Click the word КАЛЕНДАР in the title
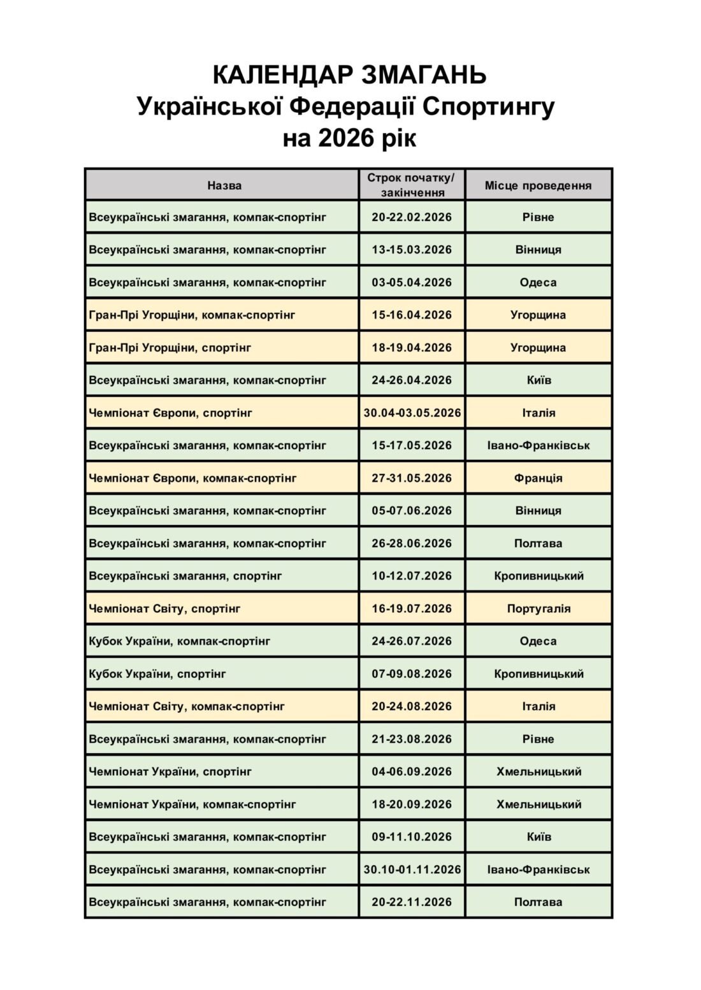pyautogui.click(x=282, y=75)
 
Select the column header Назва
pyautogui.click(x=224, y=185)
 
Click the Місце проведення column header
pyautogui.click(x=538, y=185)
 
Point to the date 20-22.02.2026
pyautogui.click(x=412, y=217)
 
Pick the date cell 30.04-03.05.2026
pyautogui.click(x=412, y=413)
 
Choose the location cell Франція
pyautogui.click(x=538, y=478)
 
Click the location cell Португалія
pyautogui.click(x=538, y=608)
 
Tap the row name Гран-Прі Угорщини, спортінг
pyautogui.click(x=170, y=348)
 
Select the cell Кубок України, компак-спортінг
pyautogui.click(x=180, y=641)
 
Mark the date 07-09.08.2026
pyautogui.click(x=412, y=673)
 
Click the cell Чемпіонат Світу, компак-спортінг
pyautogui.click(x=187, y=706)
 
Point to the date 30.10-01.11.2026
pyautogui.click(x=412, y=869)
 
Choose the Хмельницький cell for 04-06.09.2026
pyautogui.click(x=538, y=771)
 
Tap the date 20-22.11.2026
pyautogui.click(x=412, y=902)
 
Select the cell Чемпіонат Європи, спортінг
pyautogui.click(x=171, y=413)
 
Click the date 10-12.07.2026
pyautogui.click(x=412, y=576)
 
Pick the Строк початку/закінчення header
pyautogui.click(x=412, y=185)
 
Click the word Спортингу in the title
pyautogui.click(x=489, y=106)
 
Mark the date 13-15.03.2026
pyautogui.click(x=412, y=250)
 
